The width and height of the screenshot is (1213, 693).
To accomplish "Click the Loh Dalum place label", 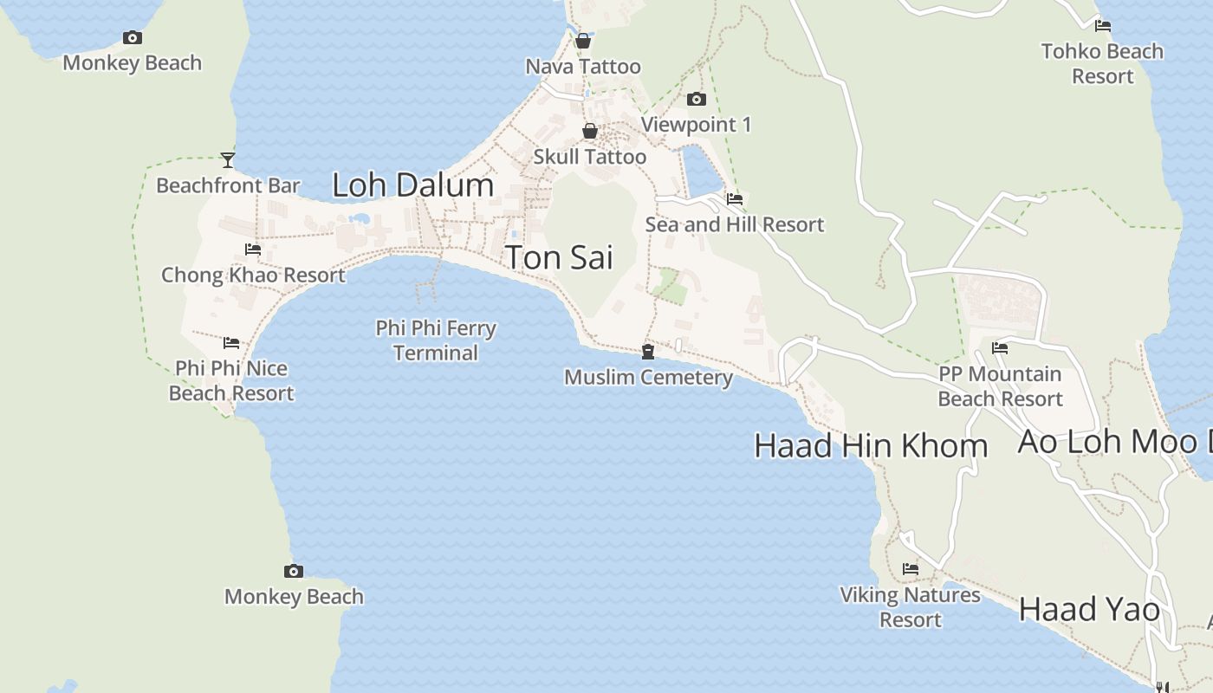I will [413, 185].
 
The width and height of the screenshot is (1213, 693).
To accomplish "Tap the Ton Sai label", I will [559, 257].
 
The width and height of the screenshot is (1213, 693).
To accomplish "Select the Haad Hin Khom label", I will [871, 445].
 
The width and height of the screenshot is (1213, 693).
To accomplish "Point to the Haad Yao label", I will [1089, 609].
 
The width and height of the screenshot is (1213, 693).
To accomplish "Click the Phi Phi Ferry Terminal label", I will [436, 340].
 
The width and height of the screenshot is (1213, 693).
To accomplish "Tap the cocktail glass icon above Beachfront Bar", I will [228, 159].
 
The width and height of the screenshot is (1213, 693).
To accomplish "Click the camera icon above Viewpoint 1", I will [697, 100].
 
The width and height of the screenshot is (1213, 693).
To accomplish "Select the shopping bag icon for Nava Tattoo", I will [583, 41].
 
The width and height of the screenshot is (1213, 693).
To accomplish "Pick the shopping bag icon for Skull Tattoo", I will [590, 131].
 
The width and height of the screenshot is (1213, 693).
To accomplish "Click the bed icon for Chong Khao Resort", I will [253, 249].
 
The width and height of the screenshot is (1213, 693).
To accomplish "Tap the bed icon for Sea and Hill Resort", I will [735, 198].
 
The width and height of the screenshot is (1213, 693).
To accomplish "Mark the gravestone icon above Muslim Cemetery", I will [647, 351].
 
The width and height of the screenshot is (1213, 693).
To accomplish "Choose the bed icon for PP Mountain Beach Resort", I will [1000, 348].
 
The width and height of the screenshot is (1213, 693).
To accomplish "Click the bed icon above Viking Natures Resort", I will [910, 569].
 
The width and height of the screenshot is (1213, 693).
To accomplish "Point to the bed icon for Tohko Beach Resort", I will [1103, 26].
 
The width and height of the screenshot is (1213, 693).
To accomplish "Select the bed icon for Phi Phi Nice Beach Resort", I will [230, 343].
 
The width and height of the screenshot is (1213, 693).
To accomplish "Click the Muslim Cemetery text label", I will [648, 378].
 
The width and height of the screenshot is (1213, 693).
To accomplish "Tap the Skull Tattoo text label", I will [590, 157].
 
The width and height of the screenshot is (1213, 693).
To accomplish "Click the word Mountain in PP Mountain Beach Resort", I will [1015, 374].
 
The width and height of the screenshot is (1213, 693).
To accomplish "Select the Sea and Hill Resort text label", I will [735, 224].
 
